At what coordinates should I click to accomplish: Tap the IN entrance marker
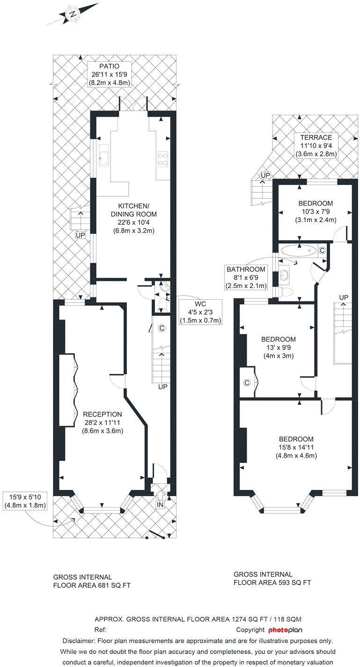coord(160,504)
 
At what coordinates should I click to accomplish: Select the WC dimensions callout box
coord(200,312)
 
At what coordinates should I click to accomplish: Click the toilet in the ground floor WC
coord(163,305)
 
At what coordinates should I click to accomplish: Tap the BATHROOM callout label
coord(246,269)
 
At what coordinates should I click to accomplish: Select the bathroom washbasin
coord(284,275)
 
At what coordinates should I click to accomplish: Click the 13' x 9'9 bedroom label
coord(278,347)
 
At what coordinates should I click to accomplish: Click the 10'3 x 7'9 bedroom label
coord(316,212)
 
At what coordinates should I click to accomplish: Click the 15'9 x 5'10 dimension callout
coord(25,501)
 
